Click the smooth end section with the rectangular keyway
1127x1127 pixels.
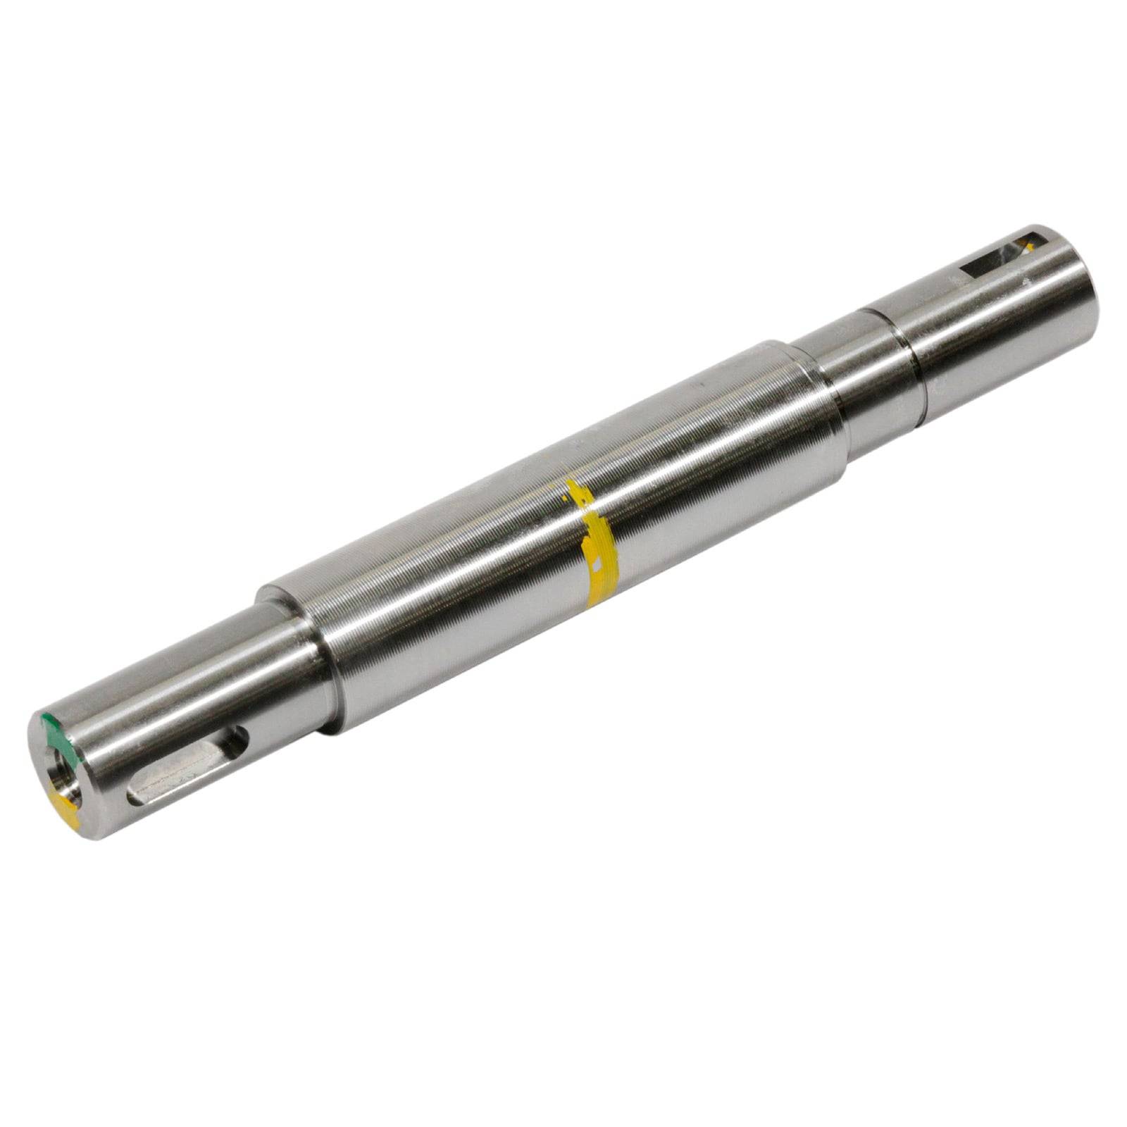pyautogui.click(x=1000, y=317)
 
